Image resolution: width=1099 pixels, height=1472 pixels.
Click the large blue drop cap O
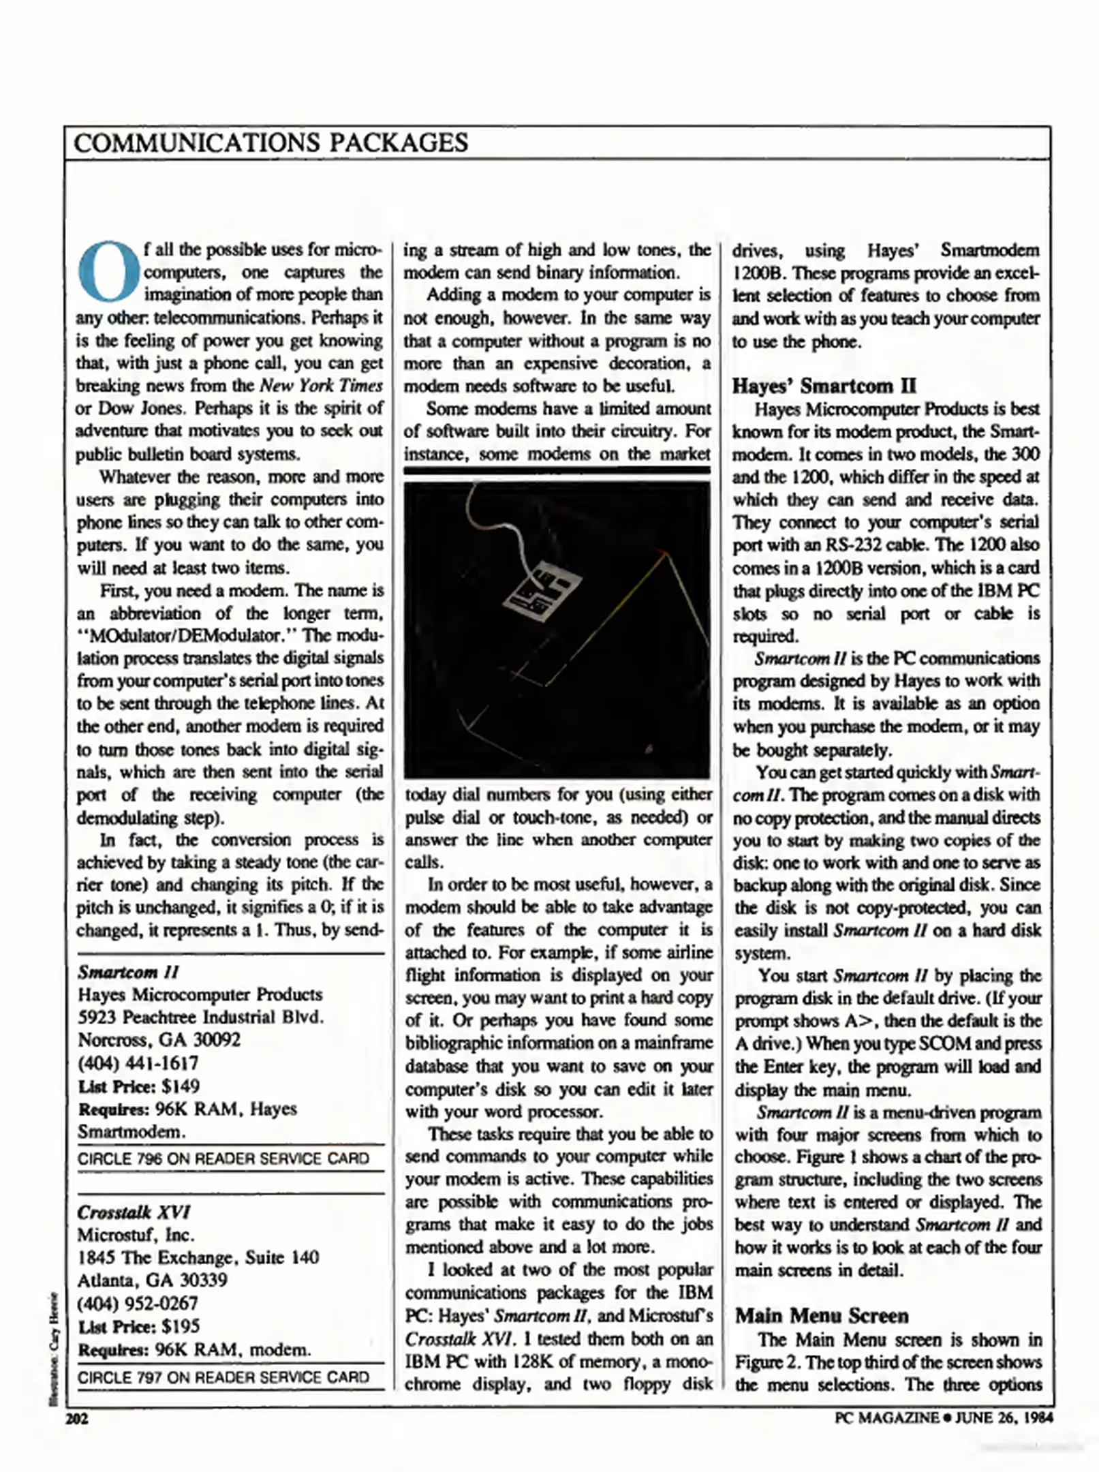tap(109, 271)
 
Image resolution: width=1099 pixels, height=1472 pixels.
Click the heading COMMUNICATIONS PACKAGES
tap(270, 143)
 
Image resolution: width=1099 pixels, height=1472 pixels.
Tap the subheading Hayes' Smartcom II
tap(824, 386)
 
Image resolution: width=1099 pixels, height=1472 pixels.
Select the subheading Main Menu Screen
tap(822, 1315)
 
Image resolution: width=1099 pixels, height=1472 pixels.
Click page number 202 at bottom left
tap(76, 1419)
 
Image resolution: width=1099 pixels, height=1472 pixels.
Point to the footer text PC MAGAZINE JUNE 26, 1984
tap(944, 1417)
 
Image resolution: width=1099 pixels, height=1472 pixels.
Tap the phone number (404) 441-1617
tap(138, 1063)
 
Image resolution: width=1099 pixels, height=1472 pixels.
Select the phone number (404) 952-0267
tap(138, 1303)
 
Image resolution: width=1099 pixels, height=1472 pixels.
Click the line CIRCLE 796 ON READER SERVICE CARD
tap(223, 1159)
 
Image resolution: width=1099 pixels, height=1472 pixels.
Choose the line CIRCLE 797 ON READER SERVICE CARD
tap(223, 1377)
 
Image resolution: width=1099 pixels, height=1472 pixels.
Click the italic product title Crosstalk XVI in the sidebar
tap(134, 1212)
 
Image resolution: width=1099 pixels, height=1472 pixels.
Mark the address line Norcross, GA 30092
tap(159, 1040)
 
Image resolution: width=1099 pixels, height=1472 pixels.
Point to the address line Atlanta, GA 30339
tap(152, 1280)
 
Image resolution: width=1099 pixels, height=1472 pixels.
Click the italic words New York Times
tap(321, 386)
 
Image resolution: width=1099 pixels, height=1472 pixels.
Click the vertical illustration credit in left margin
tap(52, 1349)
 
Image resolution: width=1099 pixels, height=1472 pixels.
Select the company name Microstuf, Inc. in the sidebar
tap(136, 1235)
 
